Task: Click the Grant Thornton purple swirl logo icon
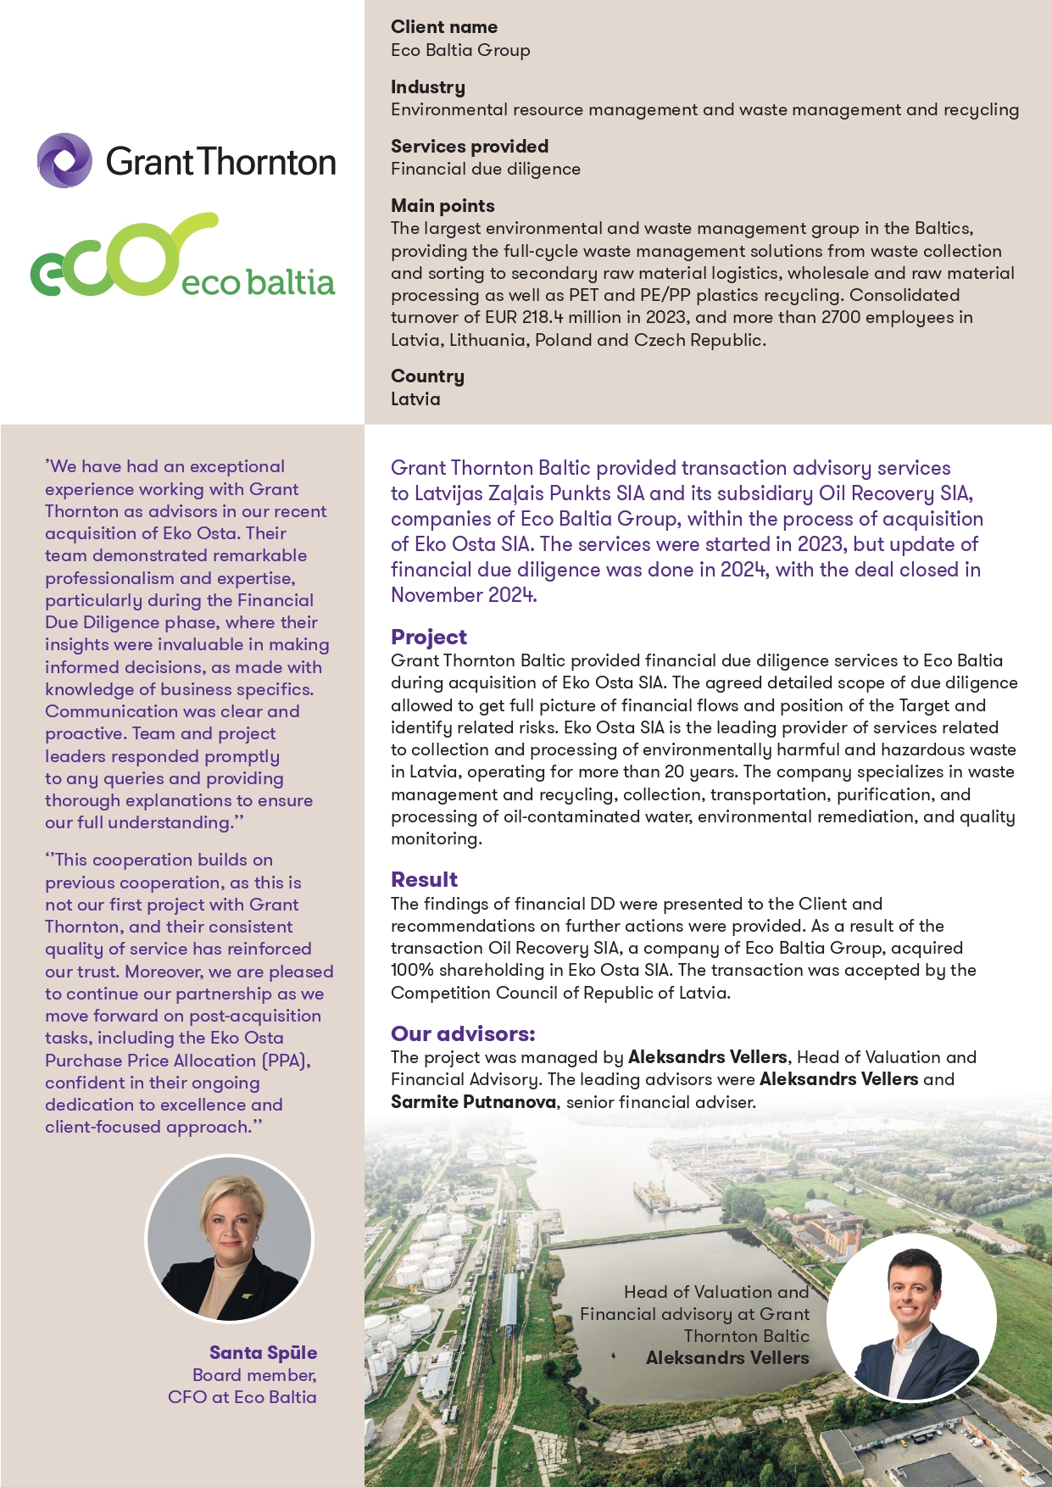click(x=64, y=160)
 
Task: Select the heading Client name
click(x=444, y=27)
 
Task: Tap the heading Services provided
click(x=470, y=147)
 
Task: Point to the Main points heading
click(x=443, y=206)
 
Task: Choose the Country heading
click(x=427, y=376)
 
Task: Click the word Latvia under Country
click(x=415, y=399)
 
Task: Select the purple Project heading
click(x=429, y=637)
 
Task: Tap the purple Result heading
click(x=424, y=879)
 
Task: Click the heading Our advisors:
click(x=463, y=1033)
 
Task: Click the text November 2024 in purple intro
click(x=463, y=595)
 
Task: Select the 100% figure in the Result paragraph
click(x=413, y=970)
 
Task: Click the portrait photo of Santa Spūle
click(x=229, y=1239)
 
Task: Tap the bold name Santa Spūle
click(x=263, y=1353)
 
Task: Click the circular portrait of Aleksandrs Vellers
click(x=911, y=1317)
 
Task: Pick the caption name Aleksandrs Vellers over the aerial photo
click(x=727, y=1358)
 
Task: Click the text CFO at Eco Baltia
click(x=242, y=1397)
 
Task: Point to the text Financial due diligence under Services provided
click(x=486, y=169)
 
